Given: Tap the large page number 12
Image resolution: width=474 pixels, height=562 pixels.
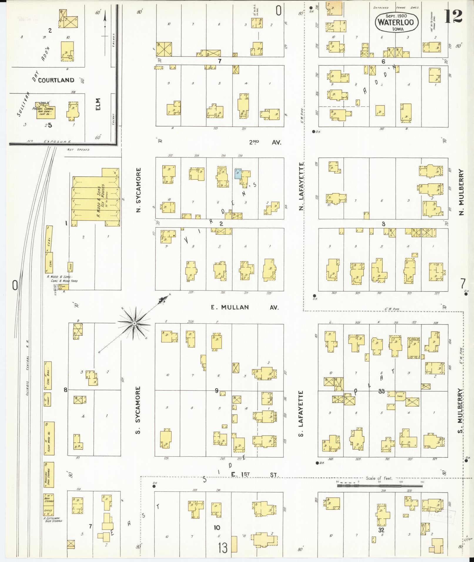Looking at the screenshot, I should coord(453,16).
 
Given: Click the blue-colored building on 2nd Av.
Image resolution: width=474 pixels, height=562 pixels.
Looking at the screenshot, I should coord(238,174).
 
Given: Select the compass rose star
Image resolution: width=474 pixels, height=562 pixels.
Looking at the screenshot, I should coord(134,323).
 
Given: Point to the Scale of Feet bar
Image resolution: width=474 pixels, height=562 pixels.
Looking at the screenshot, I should coord(380,486).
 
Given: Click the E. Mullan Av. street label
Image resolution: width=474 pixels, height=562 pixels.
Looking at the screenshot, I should coord(244,307).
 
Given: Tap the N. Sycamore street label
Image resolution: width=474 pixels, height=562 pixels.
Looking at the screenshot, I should coord(139,190).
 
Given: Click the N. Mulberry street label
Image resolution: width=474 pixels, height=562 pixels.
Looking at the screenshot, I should coord(460,192).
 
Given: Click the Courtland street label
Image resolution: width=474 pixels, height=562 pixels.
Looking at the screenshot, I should coord(56,80).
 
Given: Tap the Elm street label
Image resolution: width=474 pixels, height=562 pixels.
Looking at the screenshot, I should coord(98,104).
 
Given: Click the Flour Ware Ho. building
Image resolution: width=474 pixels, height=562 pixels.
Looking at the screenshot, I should coord(49,438).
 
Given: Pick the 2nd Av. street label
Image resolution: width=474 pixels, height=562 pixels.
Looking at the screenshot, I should coord(265,142).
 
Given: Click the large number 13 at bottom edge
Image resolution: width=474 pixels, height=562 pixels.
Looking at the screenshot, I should coord(223,548).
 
